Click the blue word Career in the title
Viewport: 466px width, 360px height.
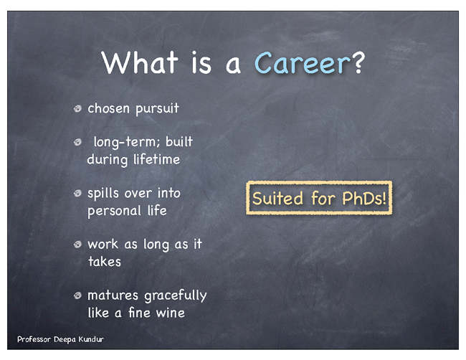303,63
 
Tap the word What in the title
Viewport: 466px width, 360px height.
140,62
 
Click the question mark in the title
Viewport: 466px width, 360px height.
358,62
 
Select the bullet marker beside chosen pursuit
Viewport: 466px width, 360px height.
78,108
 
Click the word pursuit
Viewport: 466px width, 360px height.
157,109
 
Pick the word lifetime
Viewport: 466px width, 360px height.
156,159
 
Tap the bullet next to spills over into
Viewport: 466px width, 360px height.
78,194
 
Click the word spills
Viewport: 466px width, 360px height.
103,194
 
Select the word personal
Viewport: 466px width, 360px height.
114,212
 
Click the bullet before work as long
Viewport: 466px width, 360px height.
78,245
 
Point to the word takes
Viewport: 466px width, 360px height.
105,262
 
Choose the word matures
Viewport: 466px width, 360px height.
113,295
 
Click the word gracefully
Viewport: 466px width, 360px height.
176,296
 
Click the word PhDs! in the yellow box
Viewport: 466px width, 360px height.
364,198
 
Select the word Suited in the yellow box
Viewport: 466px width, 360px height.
277,198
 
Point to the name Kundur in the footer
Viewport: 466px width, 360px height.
91,339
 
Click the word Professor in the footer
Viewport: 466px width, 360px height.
34,339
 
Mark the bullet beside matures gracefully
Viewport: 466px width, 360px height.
78,295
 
